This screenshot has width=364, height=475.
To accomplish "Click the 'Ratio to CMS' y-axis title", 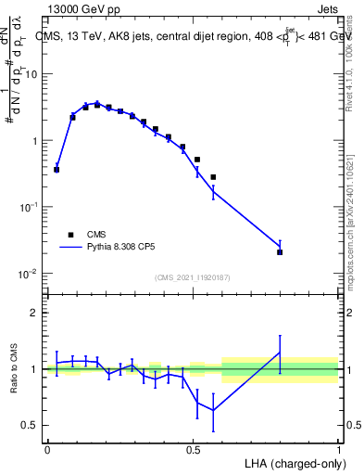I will [x=12, y=368].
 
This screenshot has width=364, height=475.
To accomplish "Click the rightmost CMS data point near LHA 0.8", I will [x=280, y=252].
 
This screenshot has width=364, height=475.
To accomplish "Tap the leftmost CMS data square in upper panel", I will [x=56, y=170].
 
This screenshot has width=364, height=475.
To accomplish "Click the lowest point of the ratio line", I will [x=213, y=410].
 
